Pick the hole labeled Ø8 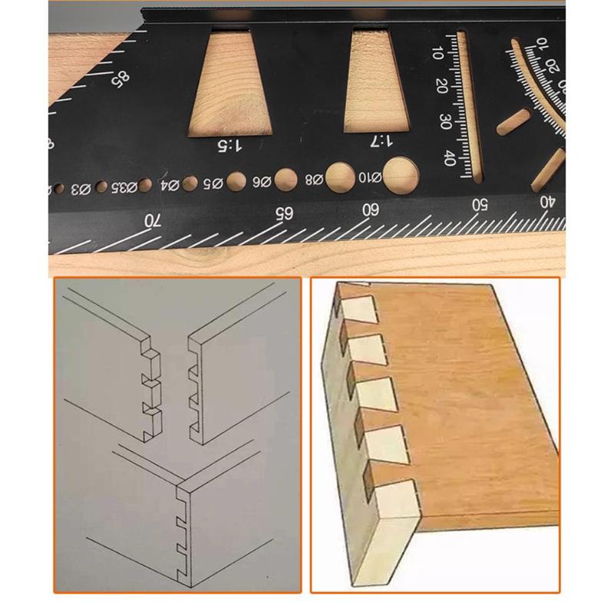coord(338,177)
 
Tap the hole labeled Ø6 coord(286,180)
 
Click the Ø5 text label coord(213,183)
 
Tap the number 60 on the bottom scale coord(371,209)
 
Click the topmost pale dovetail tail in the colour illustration coord(359,310)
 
